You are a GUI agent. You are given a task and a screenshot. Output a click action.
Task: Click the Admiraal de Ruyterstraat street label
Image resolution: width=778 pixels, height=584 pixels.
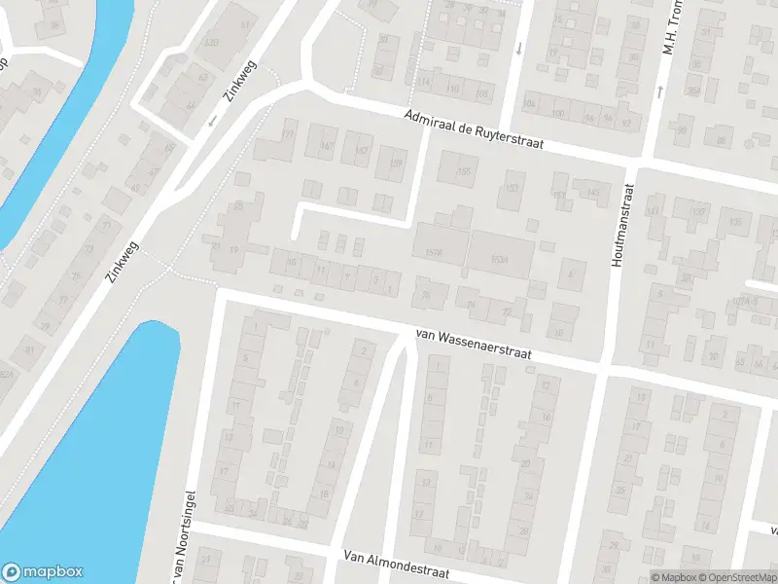click(x=474, y=129)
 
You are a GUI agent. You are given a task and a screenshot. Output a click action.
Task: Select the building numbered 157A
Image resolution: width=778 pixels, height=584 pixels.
click(x=435, y=253)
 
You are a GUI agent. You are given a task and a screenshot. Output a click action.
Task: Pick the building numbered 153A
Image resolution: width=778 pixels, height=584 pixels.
click(x=500, y=259)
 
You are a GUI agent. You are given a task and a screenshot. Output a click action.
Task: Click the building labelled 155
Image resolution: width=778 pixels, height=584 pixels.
click(x=462, y=171)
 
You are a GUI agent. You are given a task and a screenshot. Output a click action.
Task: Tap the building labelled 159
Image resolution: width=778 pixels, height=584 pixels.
click(x=395, y=164)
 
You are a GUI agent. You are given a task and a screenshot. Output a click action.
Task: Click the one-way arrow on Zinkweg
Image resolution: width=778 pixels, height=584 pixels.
click(x=212, y=122)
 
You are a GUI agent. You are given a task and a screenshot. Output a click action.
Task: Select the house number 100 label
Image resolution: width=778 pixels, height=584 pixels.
click(x=558, y=114)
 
